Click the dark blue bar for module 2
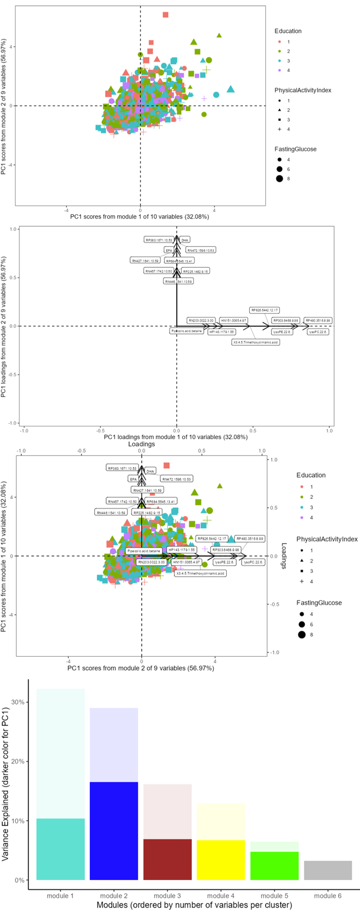point(114,831)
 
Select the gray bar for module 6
point(328,870)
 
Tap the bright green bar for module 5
point(274,866)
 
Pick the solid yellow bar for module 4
point(221,860)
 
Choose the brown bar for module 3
point(167,859)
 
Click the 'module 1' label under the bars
point(60,896)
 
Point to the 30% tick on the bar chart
point(18,702)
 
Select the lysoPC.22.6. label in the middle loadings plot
point(318,332)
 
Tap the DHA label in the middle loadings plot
point(185,240)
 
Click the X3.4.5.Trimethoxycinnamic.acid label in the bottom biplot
point(200,573)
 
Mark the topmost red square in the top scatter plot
point(166,15)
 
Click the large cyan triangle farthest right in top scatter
point(231,89)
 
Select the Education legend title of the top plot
point(288,31)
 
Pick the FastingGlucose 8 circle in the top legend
point(279,179)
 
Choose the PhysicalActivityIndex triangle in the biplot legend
point(301,561)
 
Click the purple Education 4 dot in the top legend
point(279,70)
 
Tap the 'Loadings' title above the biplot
point(141,444)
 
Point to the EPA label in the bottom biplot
point(133,479)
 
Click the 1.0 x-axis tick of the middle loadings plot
point(329,430)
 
